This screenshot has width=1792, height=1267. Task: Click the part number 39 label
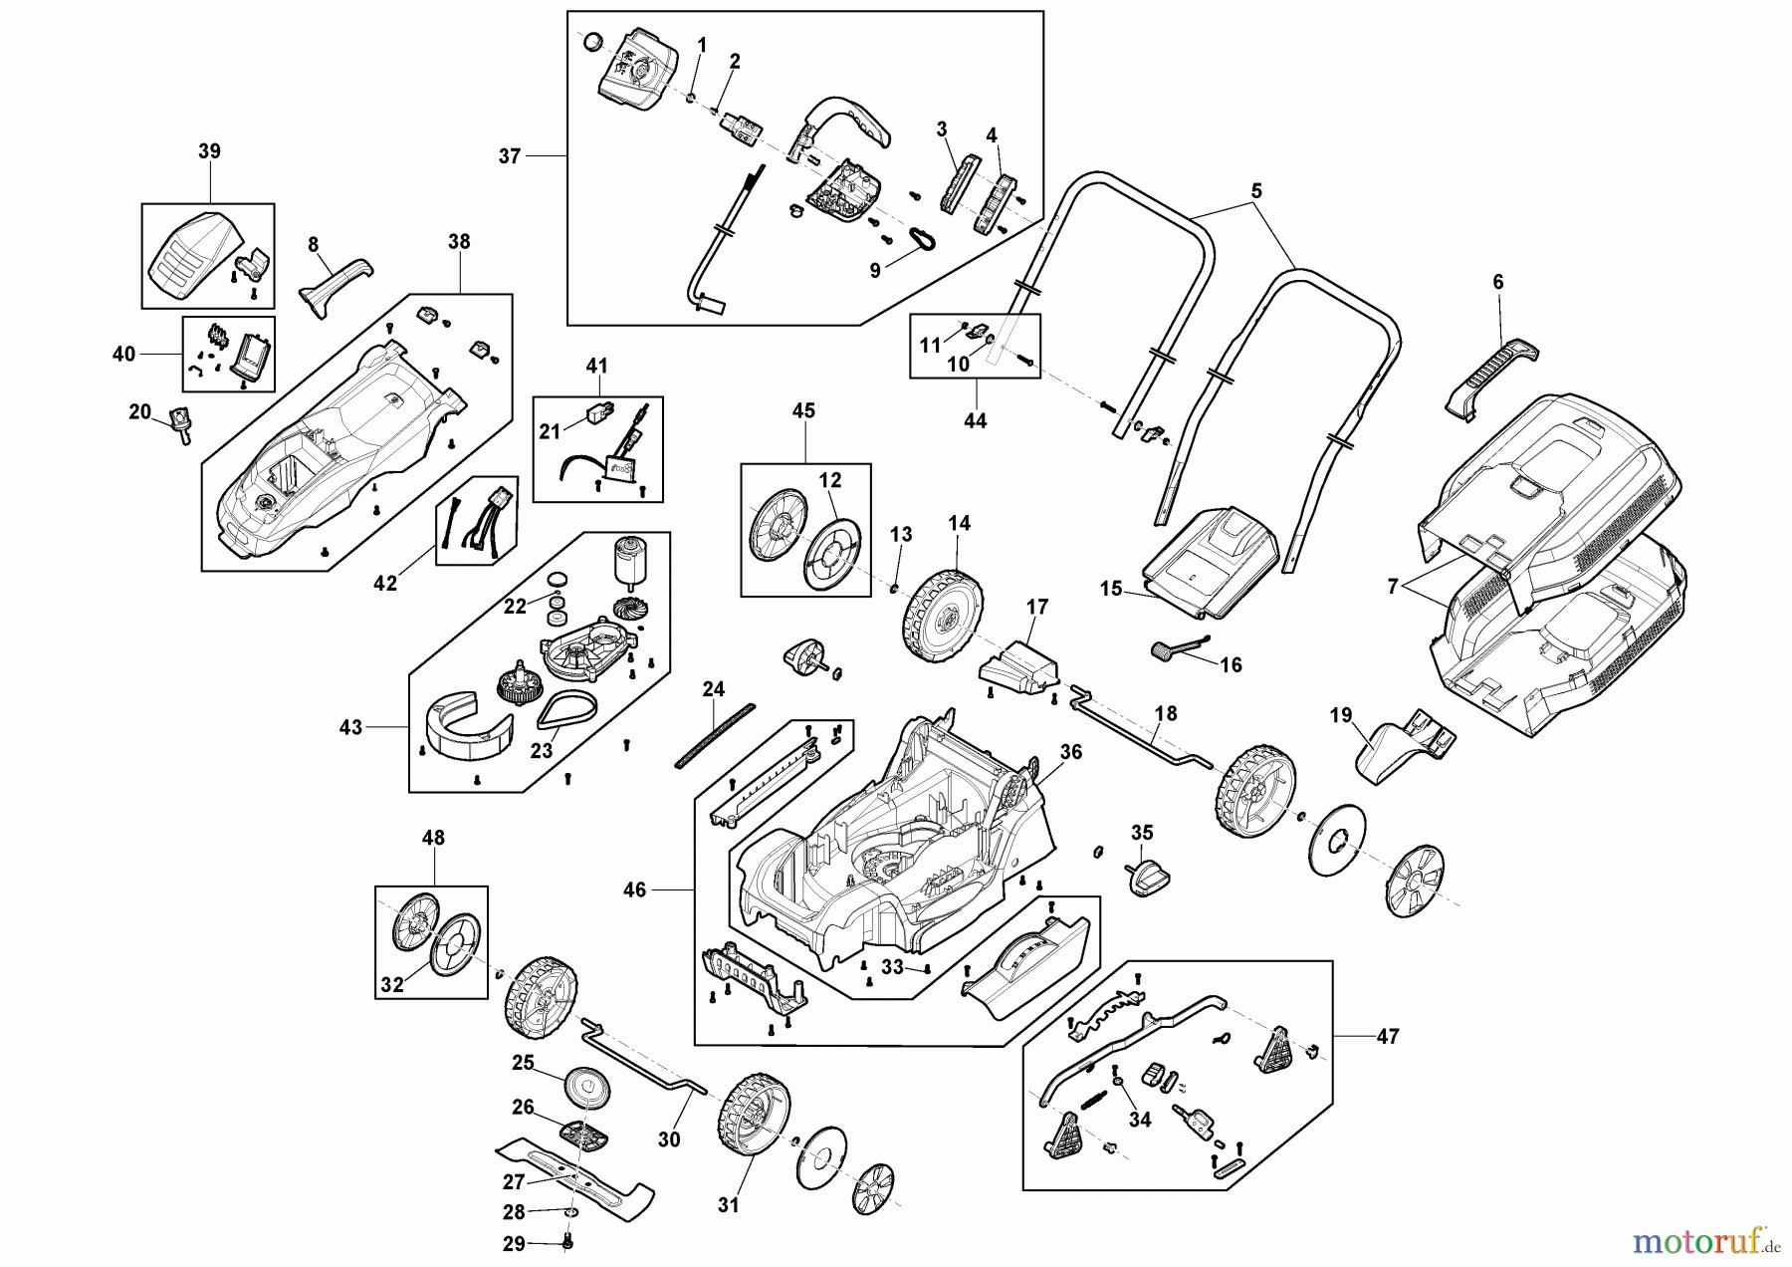[209, 151]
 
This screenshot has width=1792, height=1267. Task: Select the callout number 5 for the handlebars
[1256, 190]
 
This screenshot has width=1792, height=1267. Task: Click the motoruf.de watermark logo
[1704, 1239]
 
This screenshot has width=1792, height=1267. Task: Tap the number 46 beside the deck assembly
[634, 889]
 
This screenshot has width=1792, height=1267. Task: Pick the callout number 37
[510, 156]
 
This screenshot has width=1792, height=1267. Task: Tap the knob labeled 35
[1149, 878]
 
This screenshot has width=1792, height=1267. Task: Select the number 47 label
[1387, 1037]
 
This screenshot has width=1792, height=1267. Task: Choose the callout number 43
[351, 728]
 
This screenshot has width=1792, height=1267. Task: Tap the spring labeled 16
[1170, 649]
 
